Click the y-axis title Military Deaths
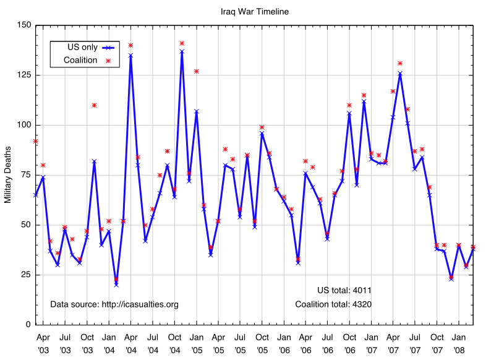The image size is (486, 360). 8,175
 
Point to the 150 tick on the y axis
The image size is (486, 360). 24,25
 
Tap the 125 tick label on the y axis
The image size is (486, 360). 24,75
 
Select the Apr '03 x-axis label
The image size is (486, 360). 43,343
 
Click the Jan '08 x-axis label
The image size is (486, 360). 459,343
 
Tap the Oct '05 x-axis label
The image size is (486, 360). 262,343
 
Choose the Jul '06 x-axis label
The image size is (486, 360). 328,343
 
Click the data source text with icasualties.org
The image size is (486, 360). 114,304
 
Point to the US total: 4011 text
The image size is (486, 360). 344,290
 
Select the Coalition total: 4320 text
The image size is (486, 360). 333,304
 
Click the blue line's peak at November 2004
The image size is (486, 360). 182,51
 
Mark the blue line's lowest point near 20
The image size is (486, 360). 116,285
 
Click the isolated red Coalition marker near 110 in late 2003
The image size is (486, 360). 94,105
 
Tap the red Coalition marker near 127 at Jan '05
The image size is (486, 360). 197,71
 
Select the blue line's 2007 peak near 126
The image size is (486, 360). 400,73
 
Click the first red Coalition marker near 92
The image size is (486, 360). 36,141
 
